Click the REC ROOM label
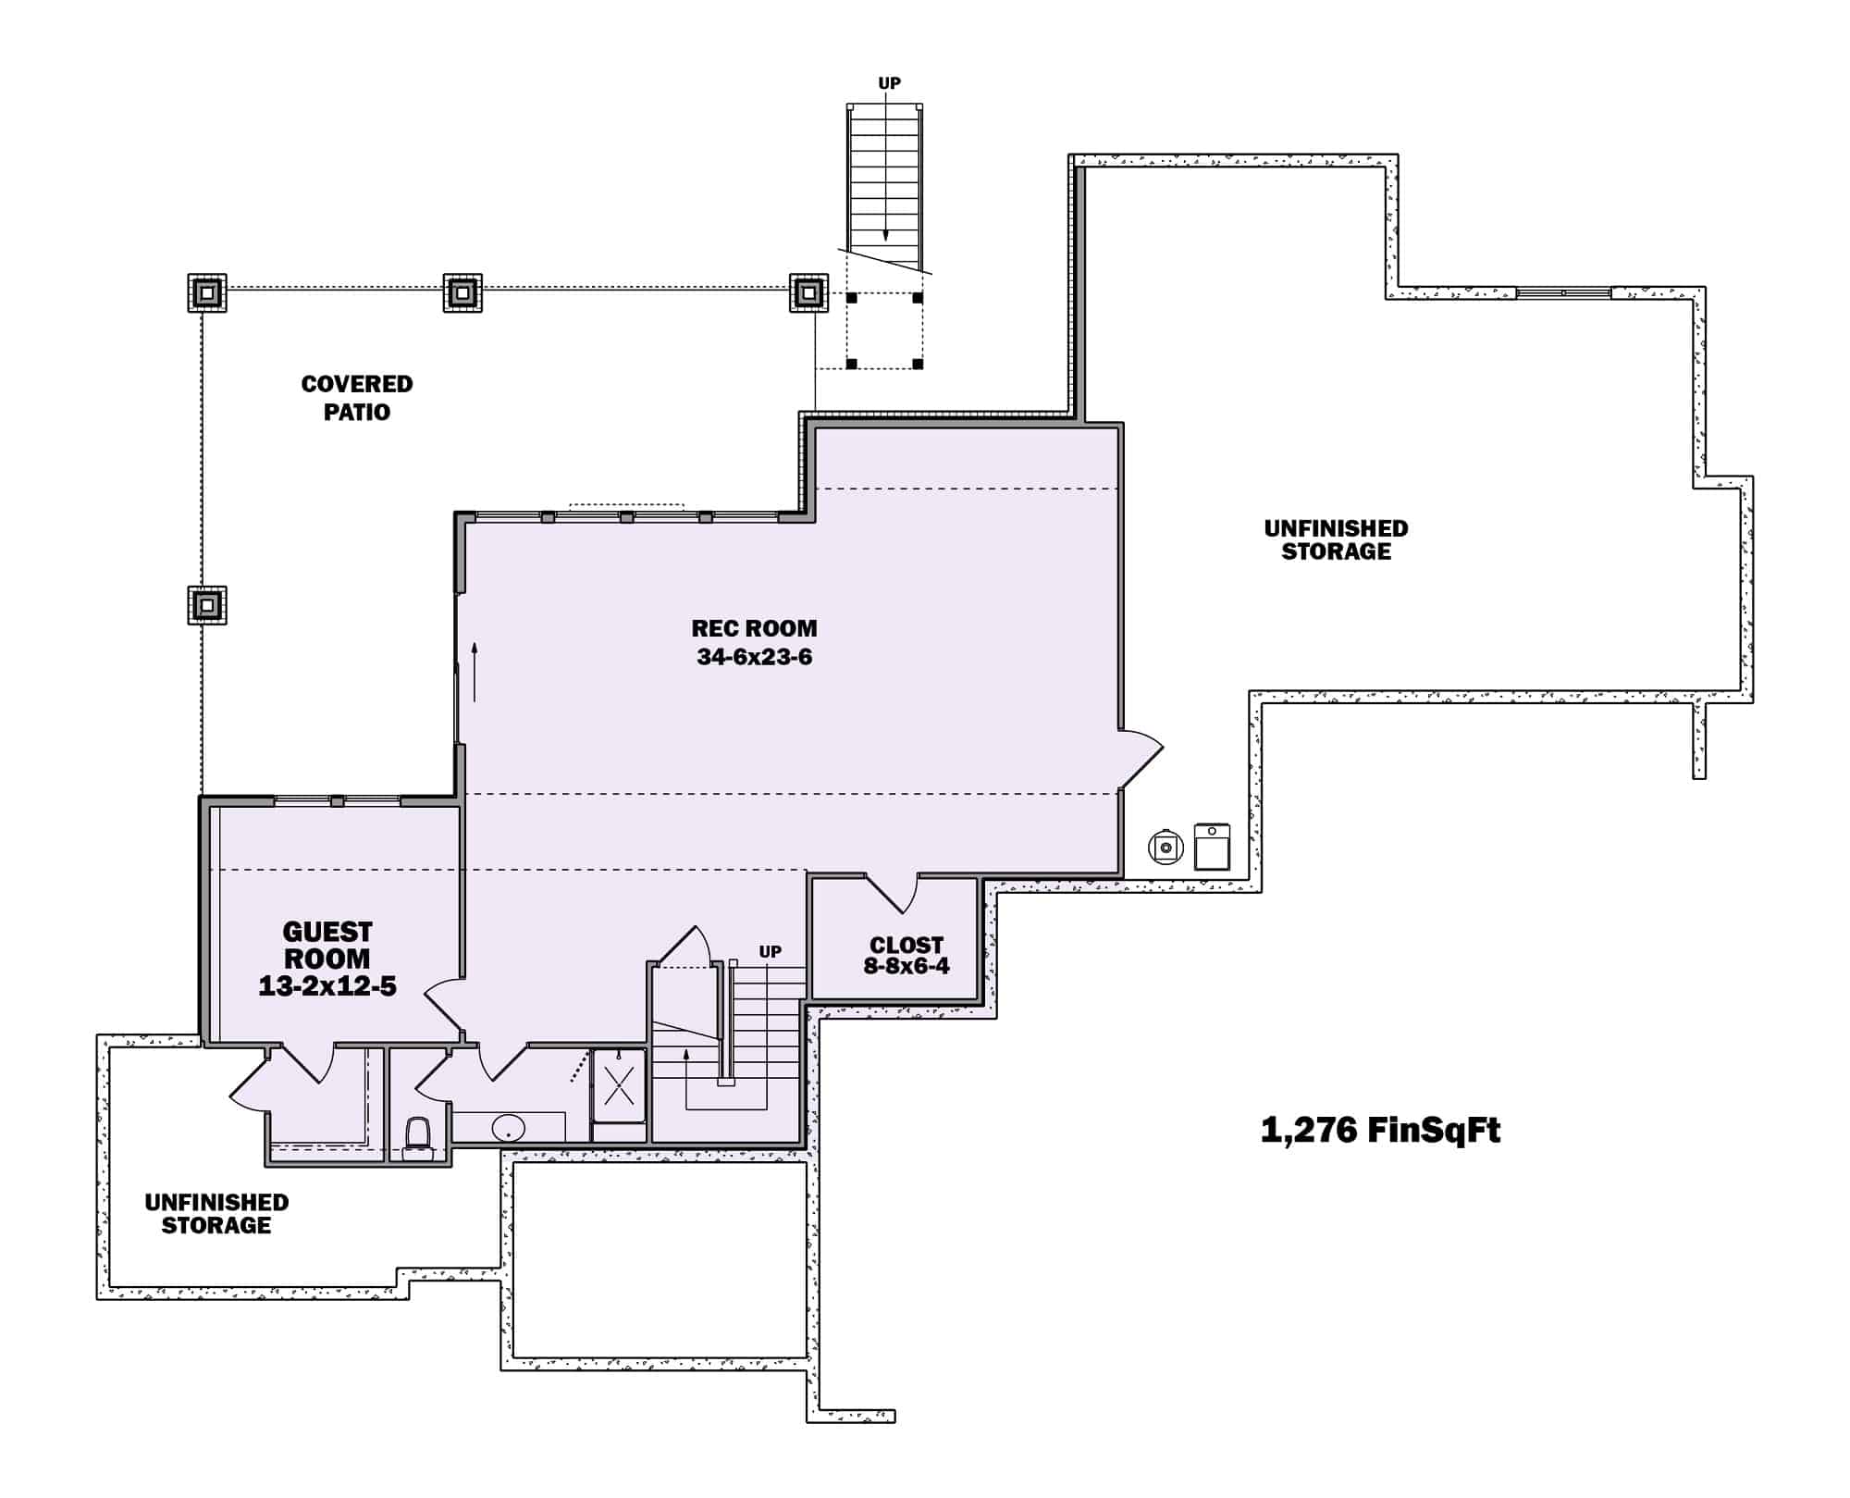[754, 628]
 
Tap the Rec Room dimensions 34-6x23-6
[754, 658]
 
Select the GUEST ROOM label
[327, 945]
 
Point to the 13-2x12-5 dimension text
[327, 986]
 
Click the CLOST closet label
[906, 945]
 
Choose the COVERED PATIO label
[357, 398]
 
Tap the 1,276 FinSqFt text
[1380, 1130]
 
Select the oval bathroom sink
[508, 1128]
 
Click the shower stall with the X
[619, 1084]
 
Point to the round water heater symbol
[1165, 847]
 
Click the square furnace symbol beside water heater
[1212, 847]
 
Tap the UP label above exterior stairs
[889, 83]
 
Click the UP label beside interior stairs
[770, 951]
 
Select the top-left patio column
[207, 293]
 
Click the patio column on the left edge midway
[207, 606]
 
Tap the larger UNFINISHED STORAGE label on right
[1336, 539]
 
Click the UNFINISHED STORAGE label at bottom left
[216, 1213]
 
